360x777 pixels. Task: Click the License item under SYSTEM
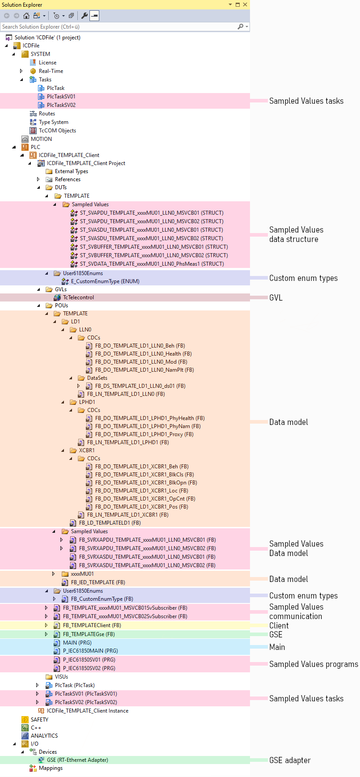[47, 63]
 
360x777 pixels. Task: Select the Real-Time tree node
[51, 71]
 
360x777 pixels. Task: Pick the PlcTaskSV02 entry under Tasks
[61, 105]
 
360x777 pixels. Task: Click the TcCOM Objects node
[57, 131]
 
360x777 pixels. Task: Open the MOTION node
[41, 139]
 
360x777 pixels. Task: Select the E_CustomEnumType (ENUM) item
[105, 281]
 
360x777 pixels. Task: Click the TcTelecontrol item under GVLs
[78, 297]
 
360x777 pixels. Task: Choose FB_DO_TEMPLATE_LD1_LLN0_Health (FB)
[143, 354]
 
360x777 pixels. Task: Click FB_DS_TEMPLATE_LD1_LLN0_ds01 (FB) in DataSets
[140, 386]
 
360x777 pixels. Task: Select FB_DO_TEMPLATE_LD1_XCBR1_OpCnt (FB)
[145, 499]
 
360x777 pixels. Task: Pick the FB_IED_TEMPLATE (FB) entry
[98, 582]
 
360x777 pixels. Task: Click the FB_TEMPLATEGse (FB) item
[89, 634]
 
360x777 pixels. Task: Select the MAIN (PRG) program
[77, 643]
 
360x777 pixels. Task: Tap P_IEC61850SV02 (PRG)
[89, 668]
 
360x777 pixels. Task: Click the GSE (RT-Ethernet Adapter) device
[77, 760]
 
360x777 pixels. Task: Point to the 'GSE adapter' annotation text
[290, 760]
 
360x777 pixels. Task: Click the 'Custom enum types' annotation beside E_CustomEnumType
[303, 278]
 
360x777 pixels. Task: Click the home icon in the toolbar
[26, 16]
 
